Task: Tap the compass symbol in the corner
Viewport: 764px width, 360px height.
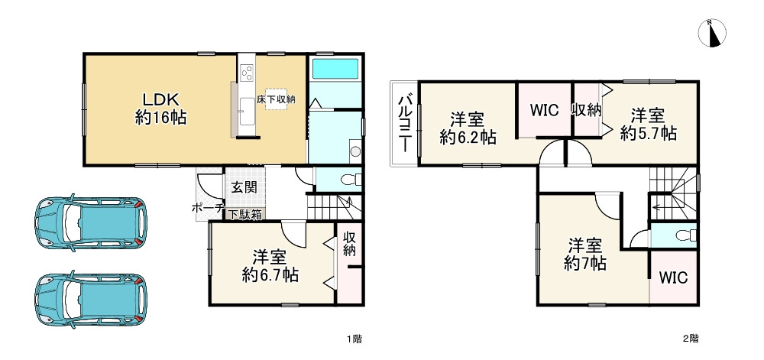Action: [x=712, y=32]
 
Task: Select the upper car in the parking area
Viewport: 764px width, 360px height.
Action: [x=90, y=222]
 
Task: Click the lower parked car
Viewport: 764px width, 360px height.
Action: [x=90, y=297]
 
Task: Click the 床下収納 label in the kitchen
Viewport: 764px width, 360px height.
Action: [x=276, y=99]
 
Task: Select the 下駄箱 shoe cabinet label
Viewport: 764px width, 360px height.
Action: [x=243, y=215]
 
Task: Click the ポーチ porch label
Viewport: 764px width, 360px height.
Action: [x=207, y=208]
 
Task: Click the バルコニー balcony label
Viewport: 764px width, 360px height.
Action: [x=406, y=123]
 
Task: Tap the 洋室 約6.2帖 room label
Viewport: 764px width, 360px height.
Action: [x=467, y=128]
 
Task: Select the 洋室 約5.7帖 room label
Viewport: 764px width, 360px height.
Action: [x=648, y=125]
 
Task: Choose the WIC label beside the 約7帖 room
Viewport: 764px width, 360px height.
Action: [x=673, y=277]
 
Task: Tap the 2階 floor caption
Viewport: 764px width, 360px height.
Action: [x=690, y=337]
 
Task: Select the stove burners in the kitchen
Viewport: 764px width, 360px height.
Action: [x=247, y=73]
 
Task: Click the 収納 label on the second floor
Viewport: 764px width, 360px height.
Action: [x=587, y=109]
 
